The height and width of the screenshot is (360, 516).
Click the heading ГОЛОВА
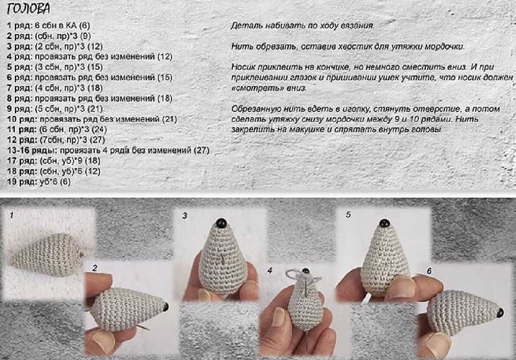tap(28, 9)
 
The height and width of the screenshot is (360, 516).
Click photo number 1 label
tap(12, 216)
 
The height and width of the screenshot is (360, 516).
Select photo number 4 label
tap(270, 271)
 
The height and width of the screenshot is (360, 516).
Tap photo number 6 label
tap(429, 271)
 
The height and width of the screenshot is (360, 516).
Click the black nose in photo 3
tap(221, 223)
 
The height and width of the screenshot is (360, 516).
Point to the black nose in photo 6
tap(500, 313)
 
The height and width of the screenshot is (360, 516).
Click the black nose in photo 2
tap(166, 307)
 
